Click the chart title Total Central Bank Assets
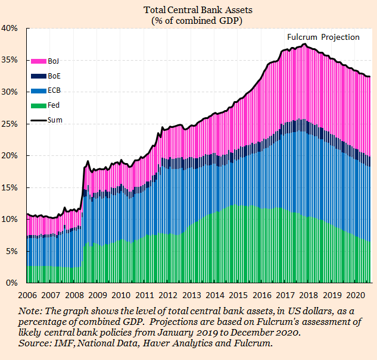click(x=189, y=10)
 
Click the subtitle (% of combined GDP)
click(x=188, y=20)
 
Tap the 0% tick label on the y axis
click(x=14, y=283)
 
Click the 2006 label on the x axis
click(x=28, y=295)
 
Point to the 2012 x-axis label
click(x=169, y=295)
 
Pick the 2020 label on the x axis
click(x=356, y=295)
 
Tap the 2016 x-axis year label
click(x=262, y=295)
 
